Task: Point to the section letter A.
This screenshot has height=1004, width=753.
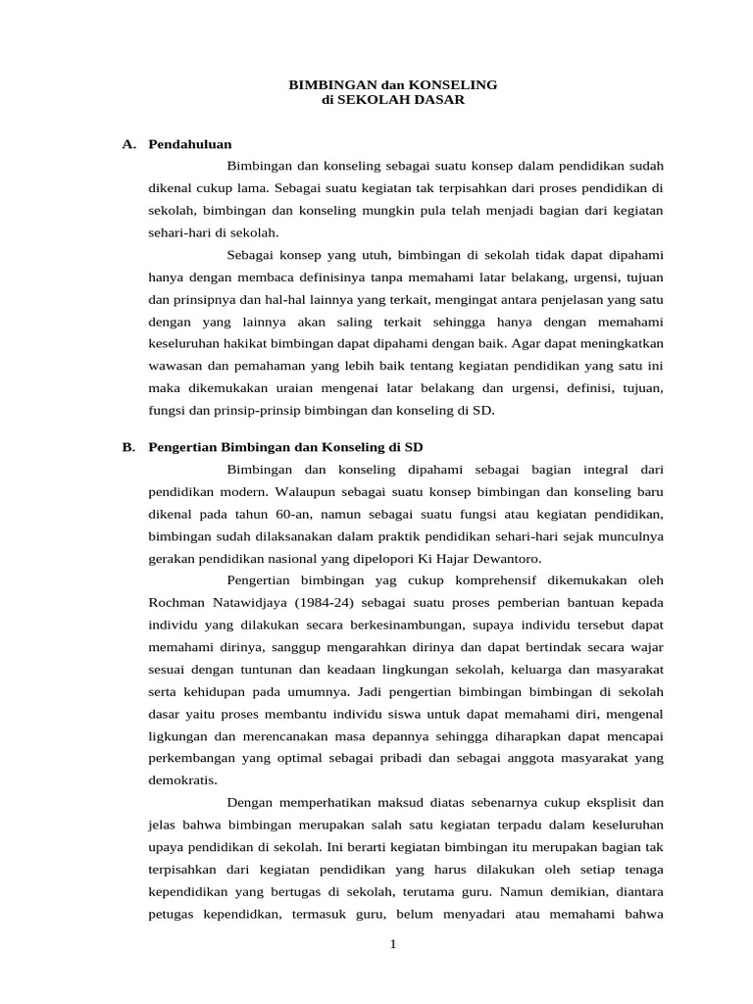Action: pyautogui.click(x=127, y=144)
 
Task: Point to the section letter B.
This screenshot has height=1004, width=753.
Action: pyautogui.click(x=127, y=446)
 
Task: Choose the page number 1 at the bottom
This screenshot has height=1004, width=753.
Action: pyautogui.click(x=392, y=944)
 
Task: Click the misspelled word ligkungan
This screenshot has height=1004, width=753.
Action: pyautogui.click(x=179, y=735)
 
